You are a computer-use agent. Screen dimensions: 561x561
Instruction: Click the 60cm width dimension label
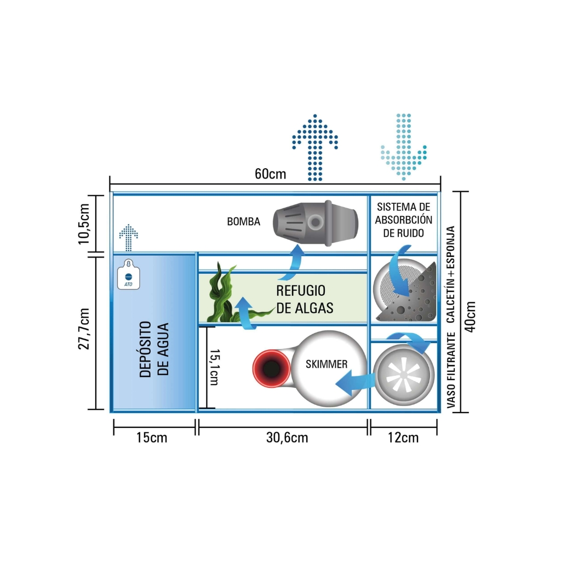270,174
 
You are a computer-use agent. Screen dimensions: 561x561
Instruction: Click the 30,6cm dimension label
287,438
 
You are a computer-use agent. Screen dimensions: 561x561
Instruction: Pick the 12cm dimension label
404,438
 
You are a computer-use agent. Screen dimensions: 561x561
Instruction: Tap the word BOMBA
243,222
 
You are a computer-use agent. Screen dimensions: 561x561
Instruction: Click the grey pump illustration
315,221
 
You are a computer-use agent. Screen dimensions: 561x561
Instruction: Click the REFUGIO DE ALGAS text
304,299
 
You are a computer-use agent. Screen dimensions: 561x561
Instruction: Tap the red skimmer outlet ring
270,368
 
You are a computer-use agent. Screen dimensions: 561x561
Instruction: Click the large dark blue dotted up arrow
314,147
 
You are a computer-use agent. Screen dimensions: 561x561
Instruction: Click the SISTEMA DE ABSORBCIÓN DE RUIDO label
404,220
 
